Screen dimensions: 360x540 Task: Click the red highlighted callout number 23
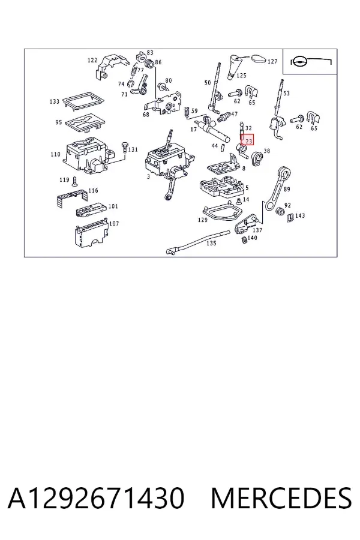[x=248, y=141]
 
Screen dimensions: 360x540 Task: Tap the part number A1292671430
[x=96, y=499]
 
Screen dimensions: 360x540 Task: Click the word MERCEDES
[x=281, y=499]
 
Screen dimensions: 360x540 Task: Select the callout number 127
[x=272, y=61]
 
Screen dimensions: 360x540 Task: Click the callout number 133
[x=55, y=101]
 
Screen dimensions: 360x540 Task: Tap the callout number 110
[x=55, y=154]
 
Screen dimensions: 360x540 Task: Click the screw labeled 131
[x=124, y=148]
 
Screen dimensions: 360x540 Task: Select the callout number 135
[x=211, y=243]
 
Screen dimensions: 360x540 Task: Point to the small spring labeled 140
[x=244, y=239]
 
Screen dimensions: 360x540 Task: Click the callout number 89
[x=287, y=189]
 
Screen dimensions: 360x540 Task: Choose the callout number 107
[x=114, y=224]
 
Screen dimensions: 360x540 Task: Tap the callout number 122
[x=92, y=60]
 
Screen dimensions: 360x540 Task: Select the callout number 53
[x=287, y=93]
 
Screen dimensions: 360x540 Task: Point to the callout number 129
[x=203, y=220]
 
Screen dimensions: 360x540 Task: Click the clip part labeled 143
[x=290, y=217]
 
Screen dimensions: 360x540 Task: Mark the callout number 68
[x=146, y=115]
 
